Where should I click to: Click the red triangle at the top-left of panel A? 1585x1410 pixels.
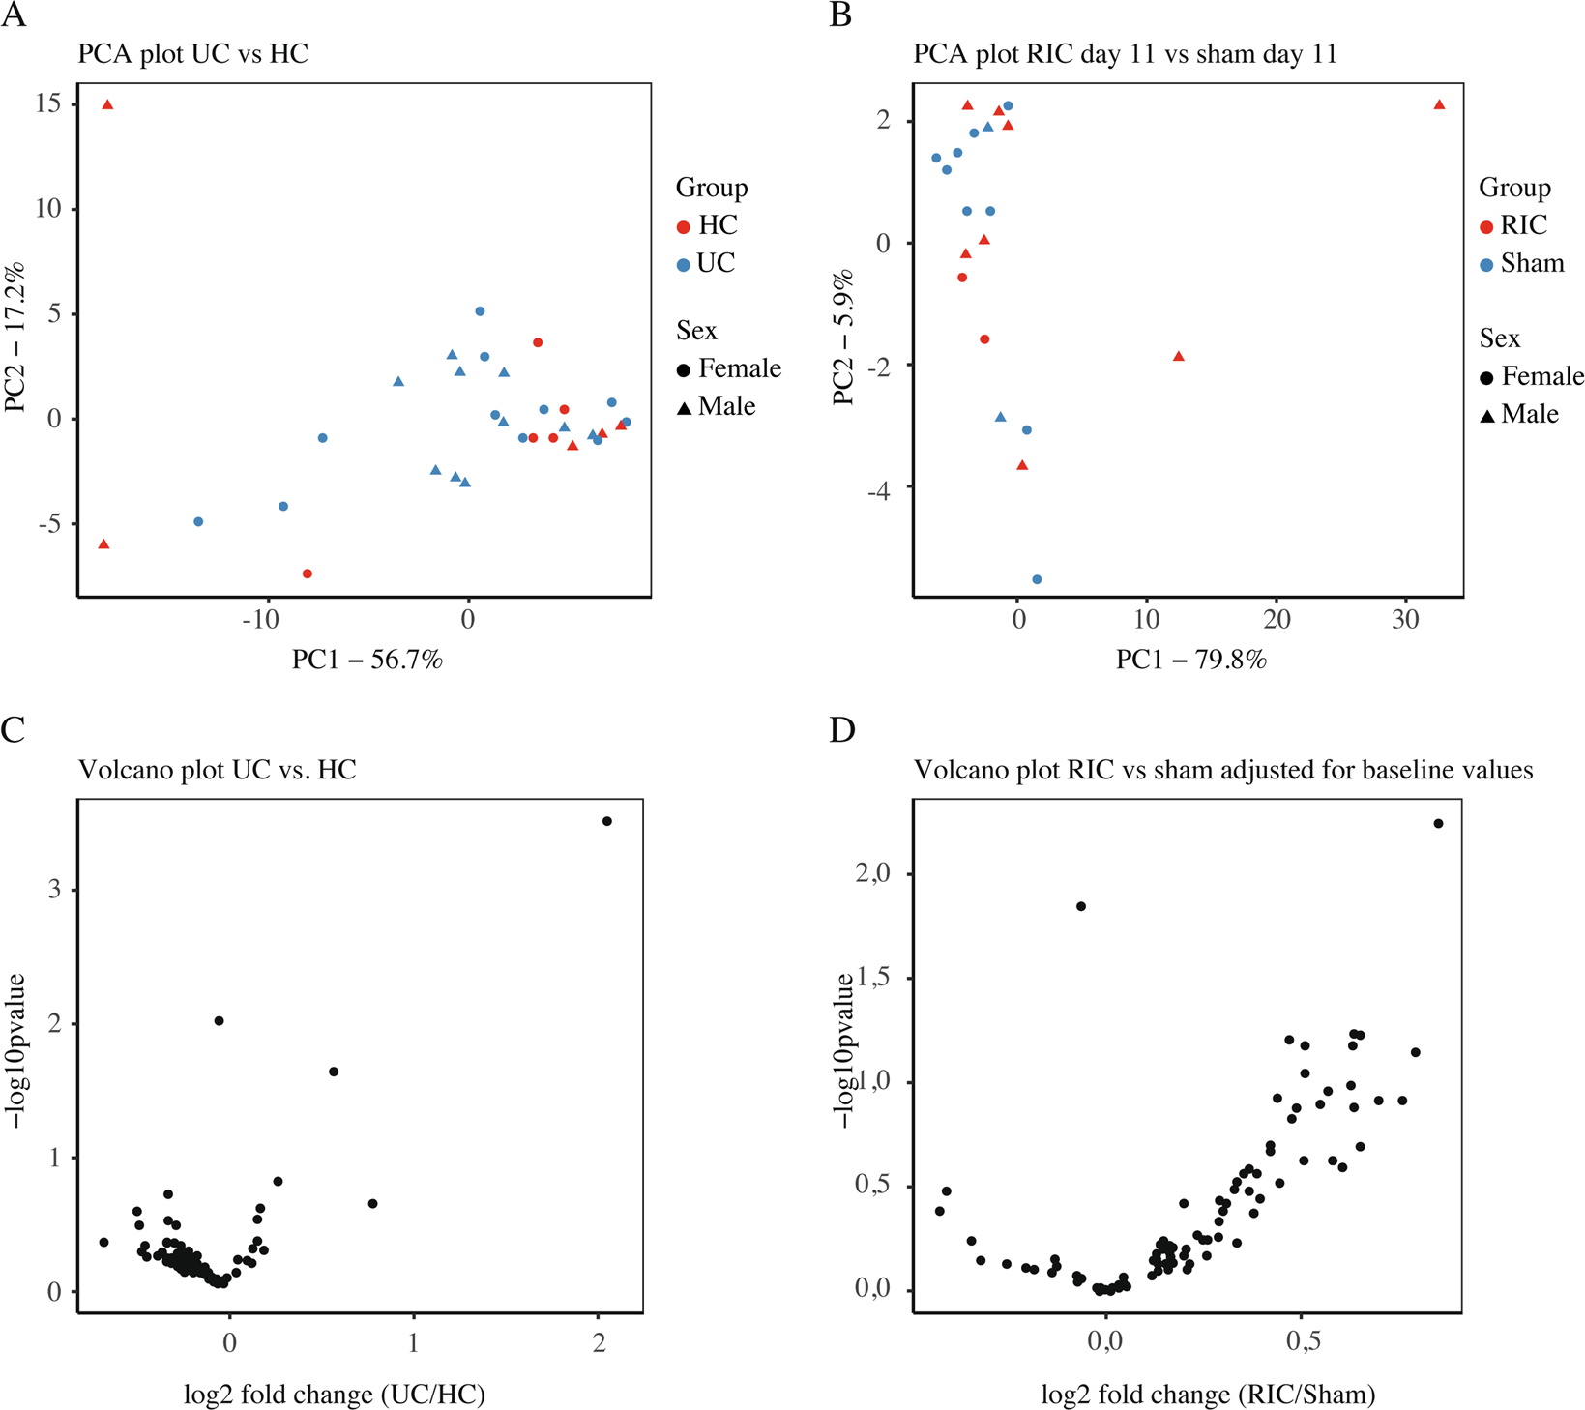point(108,104)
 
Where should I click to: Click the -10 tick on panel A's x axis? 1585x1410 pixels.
point(260,619)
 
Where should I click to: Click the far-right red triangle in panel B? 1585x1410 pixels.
point(1439,104)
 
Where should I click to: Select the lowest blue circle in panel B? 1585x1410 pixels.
point(1037,579)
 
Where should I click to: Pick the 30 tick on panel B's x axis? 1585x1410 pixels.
point(1405,619)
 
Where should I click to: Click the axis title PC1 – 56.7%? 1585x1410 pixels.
point(367,660)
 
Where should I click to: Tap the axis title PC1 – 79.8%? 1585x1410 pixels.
point(1190,660)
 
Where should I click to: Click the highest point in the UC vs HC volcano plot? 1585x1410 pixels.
point(607,821)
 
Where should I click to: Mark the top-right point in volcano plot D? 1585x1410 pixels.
point(1438,823)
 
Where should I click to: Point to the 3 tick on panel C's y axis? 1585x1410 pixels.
point(54,889)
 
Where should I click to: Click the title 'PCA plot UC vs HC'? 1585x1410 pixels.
point(193,53)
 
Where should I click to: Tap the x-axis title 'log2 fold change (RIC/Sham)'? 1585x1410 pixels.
point(1208,1394)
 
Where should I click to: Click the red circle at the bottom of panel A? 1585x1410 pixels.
point(308,573)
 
